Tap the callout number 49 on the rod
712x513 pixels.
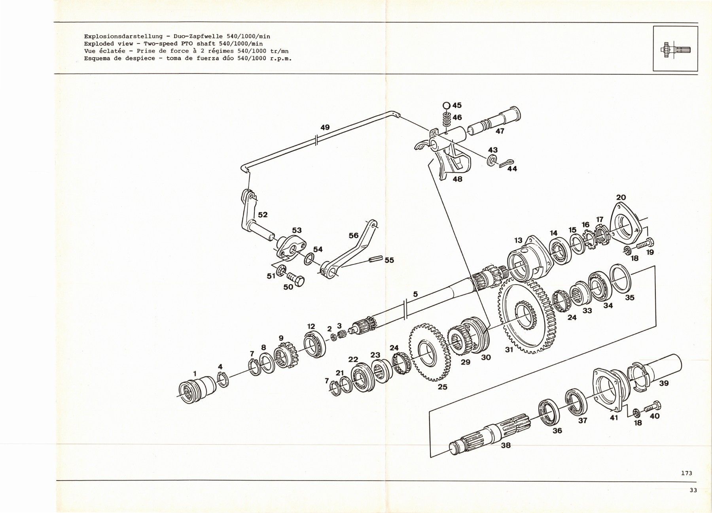coord(325,128)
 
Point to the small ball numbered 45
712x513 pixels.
coord(446,106)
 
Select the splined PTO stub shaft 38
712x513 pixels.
coord(490,435)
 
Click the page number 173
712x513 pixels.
coord(687,473)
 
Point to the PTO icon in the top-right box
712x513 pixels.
coord(675,50)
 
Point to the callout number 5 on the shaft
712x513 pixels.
coord(415,294)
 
